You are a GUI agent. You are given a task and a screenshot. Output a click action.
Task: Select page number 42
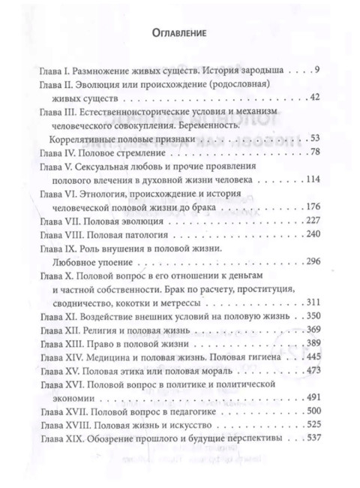[x=314, y=98]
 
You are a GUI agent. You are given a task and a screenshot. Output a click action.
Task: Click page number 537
[x=312, y=437]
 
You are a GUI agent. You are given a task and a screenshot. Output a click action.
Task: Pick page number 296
[x=313, y=261]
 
